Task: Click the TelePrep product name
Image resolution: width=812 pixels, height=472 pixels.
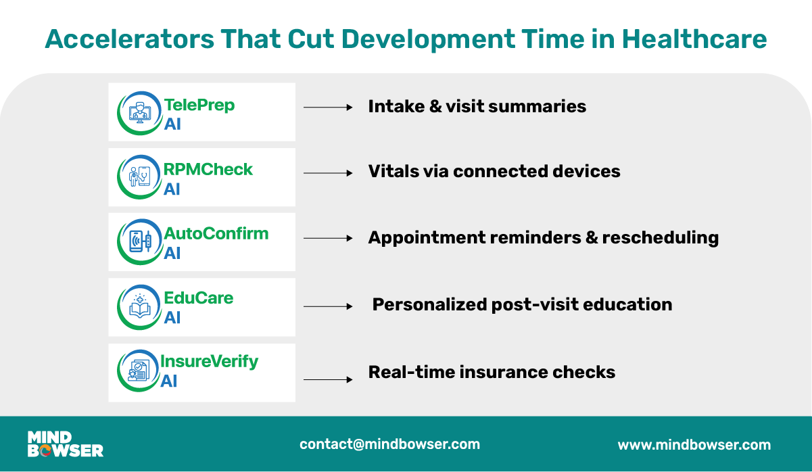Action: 199,106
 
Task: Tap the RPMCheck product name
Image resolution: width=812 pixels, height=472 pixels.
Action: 208,169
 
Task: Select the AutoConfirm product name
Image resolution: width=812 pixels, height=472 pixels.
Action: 216,234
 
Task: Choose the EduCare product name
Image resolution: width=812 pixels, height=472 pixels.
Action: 198,298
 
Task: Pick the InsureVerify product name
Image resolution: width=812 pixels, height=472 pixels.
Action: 209,362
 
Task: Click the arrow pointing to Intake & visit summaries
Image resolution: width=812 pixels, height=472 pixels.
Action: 329,107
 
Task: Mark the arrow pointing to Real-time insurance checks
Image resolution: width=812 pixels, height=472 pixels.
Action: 329,380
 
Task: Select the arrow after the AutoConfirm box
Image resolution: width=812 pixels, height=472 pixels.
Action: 329,238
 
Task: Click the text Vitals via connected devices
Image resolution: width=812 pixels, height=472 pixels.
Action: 494,172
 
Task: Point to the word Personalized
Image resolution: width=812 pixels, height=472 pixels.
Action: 430,305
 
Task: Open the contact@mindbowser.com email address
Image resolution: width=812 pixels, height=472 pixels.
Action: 389,444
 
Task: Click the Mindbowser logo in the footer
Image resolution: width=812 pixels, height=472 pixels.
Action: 65,444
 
